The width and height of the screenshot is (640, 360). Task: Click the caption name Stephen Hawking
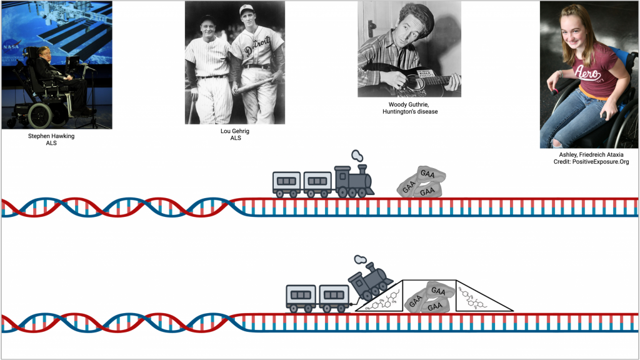[x=51, y=136]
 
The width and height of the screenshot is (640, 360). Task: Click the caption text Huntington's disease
[x=410, y=112]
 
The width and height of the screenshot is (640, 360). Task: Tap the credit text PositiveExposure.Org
[x=591, y=162]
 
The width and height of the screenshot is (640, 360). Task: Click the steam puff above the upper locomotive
[x=357, y=156]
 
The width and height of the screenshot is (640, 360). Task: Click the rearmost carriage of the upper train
[x=287, y=183]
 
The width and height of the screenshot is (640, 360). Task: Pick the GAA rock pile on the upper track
[x=422, y=181]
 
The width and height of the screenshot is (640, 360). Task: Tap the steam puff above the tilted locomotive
[x=359, y=260]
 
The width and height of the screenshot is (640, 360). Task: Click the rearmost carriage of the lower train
[x=301, y=296]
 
